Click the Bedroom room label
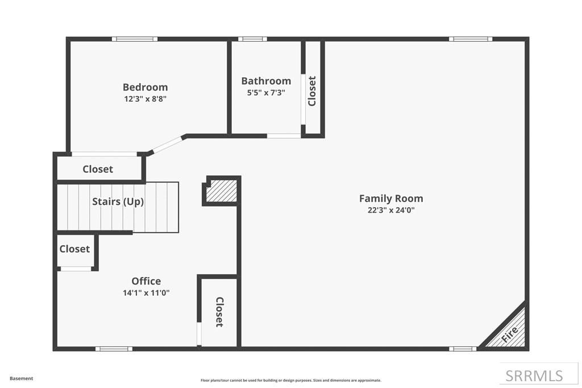tap(145, 87)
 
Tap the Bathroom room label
tap(266, 81)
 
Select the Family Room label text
tap(391, 199)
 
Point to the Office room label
tap(146, 281)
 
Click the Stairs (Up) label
tap(118, 201)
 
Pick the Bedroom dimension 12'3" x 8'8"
tap(145, 98)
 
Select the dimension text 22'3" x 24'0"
tap(391, 209)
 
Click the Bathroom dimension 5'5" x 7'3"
tap(266, 92)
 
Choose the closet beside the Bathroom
tap(312, 90)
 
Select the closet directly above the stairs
tap(98, 169)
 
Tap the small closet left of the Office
tap(74, 249)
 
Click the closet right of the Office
tap(218, 312)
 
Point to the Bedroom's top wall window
tap(134, 39)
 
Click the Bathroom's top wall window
tap(252, 39)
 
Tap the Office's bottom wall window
tap(114, 349)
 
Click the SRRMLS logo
tap(534, 375)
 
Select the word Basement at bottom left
tap(21, 378)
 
